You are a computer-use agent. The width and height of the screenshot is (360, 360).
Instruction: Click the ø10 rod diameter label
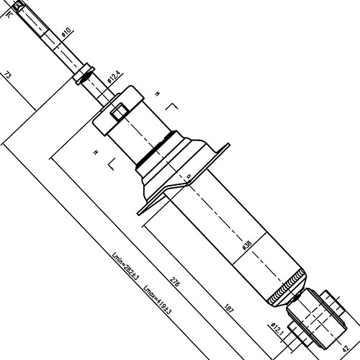pos(67,32)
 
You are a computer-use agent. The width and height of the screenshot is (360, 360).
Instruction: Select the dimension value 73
pos(8,76)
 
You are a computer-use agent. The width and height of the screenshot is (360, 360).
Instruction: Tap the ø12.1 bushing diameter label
pos(275,329)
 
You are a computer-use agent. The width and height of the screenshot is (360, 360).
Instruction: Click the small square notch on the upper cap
pos(120,110)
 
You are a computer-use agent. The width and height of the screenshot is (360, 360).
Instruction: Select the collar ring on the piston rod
pos(84,73)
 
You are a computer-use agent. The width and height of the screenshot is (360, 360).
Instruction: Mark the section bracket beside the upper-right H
pos(171,108)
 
